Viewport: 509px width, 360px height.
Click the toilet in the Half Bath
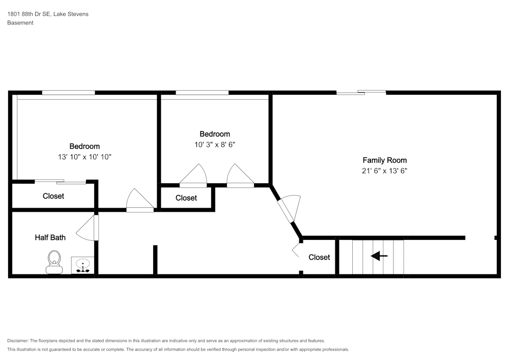coord(53,262)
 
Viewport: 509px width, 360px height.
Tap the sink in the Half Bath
coord(82,265)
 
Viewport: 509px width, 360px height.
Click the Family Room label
coord(384,160)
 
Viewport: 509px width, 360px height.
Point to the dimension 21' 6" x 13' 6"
coord(384,171)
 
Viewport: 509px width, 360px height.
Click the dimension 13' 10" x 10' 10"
coord(84,157)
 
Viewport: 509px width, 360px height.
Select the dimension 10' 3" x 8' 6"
coord(214,145)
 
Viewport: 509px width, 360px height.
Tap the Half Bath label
coord(50,237)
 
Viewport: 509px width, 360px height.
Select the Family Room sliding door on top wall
coord(361,92)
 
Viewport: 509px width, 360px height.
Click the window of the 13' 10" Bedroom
coord(68,93)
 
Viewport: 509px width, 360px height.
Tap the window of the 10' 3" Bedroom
coord(202,93)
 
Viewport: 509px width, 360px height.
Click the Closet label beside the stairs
coord(319,257)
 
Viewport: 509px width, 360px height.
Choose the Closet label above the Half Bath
coord(53,196)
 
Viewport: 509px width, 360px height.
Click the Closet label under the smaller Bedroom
coord(186,198)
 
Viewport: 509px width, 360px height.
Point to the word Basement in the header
coord(20,23)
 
